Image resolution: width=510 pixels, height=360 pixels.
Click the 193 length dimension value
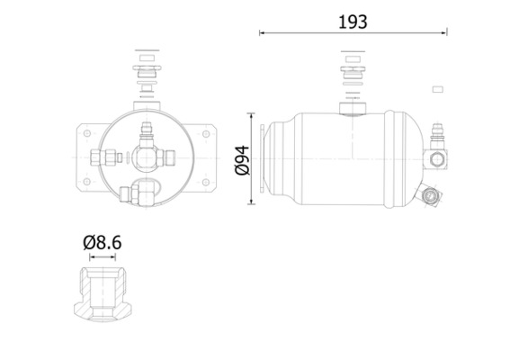click(x=354, y=20)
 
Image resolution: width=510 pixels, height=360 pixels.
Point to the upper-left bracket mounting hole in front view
click(x=85, y=134)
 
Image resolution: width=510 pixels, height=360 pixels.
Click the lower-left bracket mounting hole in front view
click(x=85, y=182)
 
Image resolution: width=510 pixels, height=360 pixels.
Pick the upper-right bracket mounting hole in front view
click(x=206, y=134)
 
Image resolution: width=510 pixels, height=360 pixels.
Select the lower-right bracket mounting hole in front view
click(x=206, y=182)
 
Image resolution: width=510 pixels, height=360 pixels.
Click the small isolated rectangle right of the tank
click(x=439, y=88)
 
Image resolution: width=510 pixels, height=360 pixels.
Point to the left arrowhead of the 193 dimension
click(x=263, y=33)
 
